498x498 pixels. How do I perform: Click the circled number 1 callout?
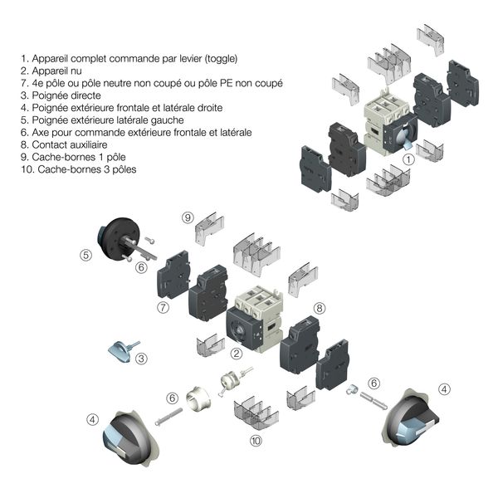point(408,159)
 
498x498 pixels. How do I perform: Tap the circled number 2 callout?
point(237,354)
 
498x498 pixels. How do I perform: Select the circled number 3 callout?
point(142,359)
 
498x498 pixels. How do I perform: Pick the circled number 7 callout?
point(164,308)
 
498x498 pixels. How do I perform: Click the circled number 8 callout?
point(319,307)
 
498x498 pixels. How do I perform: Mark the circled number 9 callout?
point(188,217)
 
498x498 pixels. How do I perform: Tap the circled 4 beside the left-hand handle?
point(91,420)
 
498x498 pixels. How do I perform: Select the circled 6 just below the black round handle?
point(141,267)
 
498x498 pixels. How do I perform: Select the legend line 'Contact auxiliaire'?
point(66,144)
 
